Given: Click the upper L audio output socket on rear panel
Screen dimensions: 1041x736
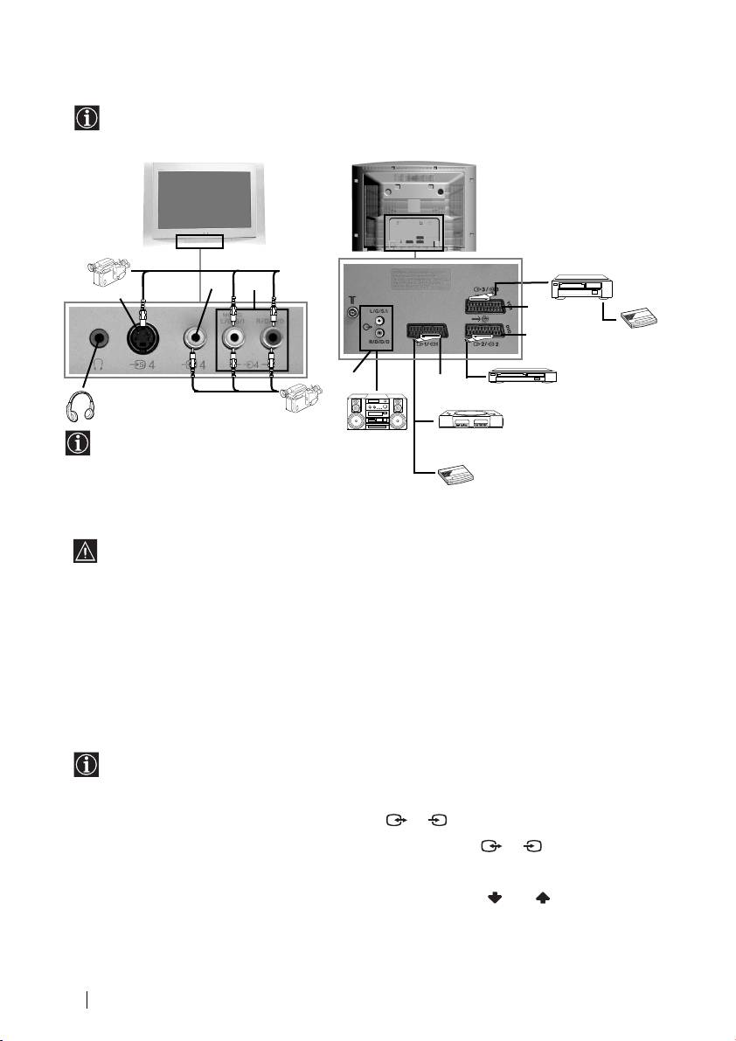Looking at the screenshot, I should point(378,321).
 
